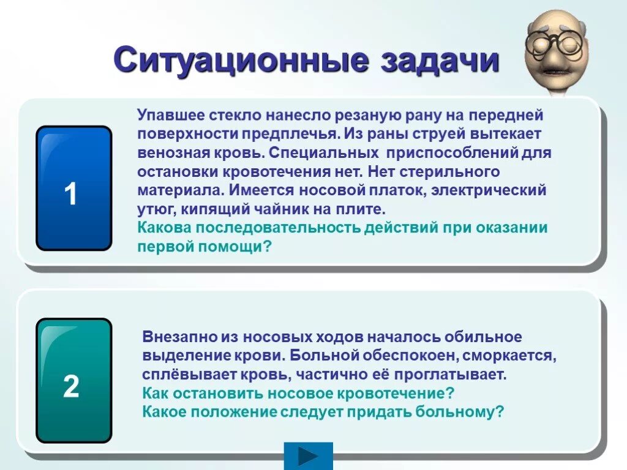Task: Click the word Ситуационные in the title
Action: pyautogui.click(x=242, y=61)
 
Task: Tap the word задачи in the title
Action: pyautogui.click(x=440, y=61)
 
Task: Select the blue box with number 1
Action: pyautogui.click(x=73, y=188)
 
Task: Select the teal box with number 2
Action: pyautogui.click(x=73, y=380)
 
